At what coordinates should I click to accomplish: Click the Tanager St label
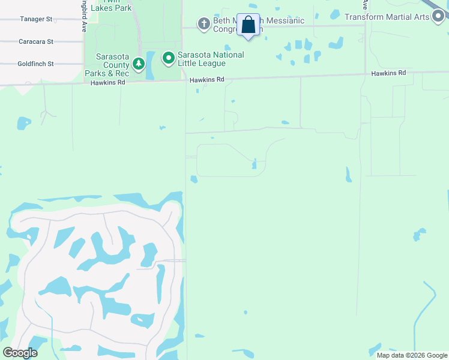[36, 19]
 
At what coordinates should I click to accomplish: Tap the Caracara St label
[36, 42]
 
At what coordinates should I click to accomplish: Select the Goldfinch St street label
[36, 64]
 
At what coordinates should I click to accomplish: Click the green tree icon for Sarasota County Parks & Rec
[139, 64]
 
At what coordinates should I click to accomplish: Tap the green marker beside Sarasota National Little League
[169, 59]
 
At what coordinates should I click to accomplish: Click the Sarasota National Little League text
[210, 59]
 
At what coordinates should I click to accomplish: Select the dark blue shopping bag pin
[249, 26]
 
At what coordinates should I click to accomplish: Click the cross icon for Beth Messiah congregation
[203, 23]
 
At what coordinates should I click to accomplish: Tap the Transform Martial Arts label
[387, 17]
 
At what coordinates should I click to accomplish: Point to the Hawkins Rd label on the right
[388, 73]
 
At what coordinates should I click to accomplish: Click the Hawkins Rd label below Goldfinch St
[108, 82]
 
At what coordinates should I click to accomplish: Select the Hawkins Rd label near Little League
[207, 79]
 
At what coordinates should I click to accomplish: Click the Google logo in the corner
[20, 353]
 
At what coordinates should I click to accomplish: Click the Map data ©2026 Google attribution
[412, 355]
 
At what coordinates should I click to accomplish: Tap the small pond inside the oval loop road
[255, 164]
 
